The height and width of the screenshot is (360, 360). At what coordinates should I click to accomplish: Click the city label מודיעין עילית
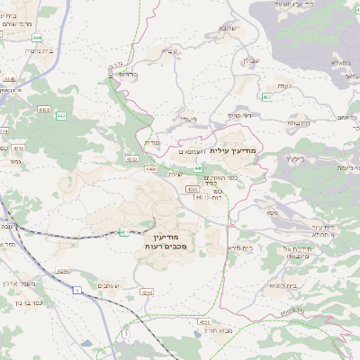click(x=233, y=151)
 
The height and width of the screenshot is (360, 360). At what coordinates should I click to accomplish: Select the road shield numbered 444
click(x=36, y=37)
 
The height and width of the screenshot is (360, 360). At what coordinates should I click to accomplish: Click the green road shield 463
click(x=267, y=96)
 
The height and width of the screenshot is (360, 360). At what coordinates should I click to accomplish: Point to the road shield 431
click(x=124, y=232)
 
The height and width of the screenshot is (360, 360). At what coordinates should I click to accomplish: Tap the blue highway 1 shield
click(x=77, y=288)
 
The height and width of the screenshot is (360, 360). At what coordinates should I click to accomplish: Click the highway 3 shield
click(x=126, y=334)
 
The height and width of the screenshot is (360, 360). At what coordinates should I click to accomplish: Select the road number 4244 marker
click(x=61, y=269)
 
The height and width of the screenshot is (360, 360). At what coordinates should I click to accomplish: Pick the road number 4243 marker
click(x=147, y=292)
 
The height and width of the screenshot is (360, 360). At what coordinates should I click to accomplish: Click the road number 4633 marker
click(x=204, y=321)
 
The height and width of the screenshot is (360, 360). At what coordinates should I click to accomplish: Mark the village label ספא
click(x=272, y=212)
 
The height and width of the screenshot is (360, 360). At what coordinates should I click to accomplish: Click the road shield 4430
click(x=10, y=79)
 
